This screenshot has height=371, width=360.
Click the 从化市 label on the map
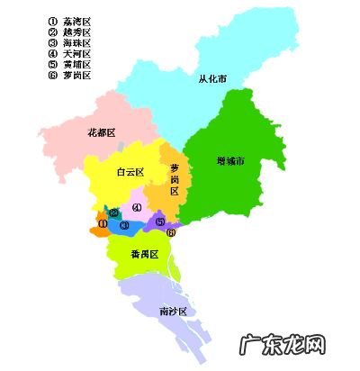pos(212,79)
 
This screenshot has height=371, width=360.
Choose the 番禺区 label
pos(144,255)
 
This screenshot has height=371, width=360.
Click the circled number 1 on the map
pos(103,222)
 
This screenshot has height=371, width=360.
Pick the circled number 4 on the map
pos(137,207)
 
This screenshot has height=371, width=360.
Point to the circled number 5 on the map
pos(160,222)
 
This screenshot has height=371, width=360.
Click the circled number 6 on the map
pos(172,232)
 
